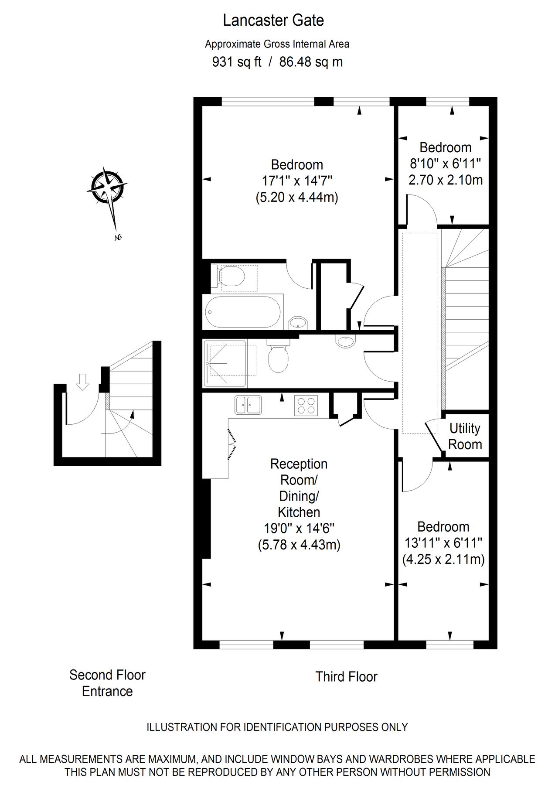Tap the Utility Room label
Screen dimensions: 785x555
(465, 437)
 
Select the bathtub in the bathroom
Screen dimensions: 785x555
(243, 312)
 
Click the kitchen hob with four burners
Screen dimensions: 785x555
(306, 404)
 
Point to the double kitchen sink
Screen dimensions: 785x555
(248, 404)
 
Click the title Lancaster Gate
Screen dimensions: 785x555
(273, 20)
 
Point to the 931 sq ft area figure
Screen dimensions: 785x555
(236, 62)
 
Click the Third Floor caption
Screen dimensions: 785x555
(346, 677)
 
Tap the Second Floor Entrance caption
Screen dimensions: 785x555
(107, 683)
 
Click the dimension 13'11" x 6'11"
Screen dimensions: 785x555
(443, 543)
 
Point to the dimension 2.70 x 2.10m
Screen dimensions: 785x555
(445, 180)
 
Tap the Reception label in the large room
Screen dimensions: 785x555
(299, 464)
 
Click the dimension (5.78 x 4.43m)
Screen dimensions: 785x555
(299, 545)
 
